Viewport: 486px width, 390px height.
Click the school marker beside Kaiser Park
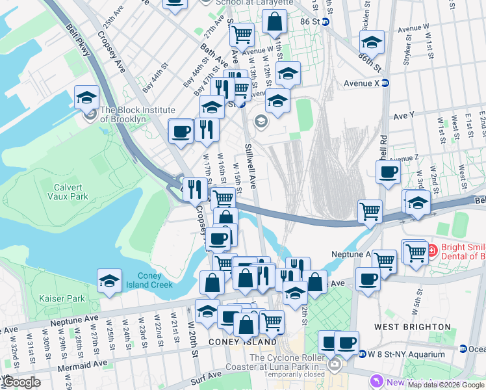[x=110, y=281]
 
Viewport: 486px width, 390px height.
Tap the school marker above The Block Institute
[x=86, y=98]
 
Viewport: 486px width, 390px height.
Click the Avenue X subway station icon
[x=385, y=83]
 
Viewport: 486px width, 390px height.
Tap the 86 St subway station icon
[x=326, y=21]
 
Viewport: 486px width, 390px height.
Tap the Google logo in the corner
[x=21, y=382]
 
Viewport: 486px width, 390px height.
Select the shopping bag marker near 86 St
[x=275, y=23]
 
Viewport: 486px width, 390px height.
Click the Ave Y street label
[x=403, y=115]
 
